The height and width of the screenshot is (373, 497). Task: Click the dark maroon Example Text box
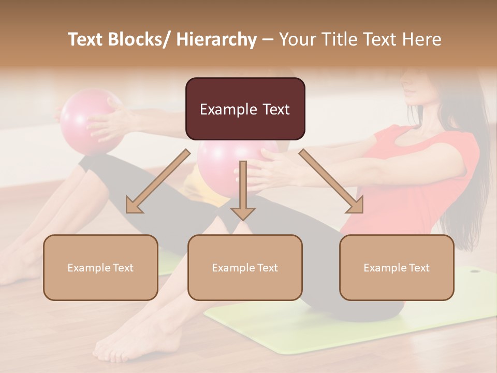click(x=245, y=109)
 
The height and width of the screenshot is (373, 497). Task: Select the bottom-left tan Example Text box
click(x=100, y=267)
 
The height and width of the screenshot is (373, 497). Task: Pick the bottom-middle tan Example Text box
click(x=245, y=267)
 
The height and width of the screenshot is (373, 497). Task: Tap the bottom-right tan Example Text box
click(x=397, y=267)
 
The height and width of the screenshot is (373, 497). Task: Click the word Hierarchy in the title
click(x=216, y=40)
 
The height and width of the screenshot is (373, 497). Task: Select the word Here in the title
click(x=422, y=39)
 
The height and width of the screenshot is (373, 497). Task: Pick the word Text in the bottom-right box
click(x=419, y=267)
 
